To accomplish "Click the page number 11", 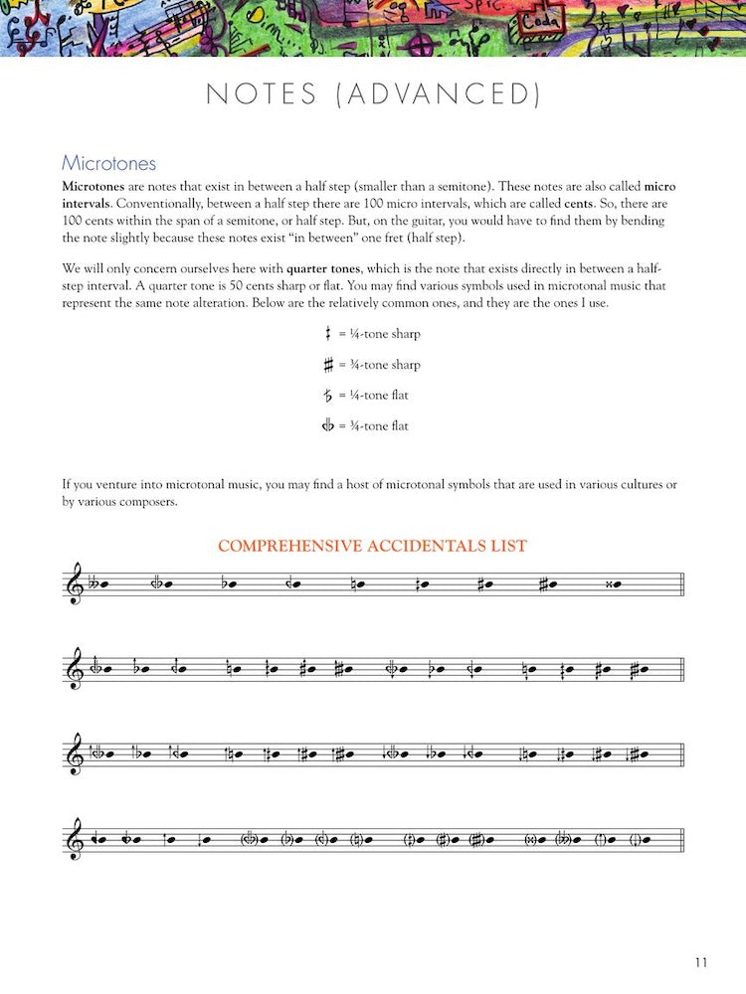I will (x=701, y=962).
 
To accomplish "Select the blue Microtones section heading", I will (x=108, y=163).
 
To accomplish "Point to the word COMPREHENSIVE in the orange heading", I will (x=289, y=546).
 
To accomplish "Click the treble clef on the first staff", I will (x=75, y=583).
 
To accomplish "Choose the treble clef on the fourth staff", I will (x=75, y=840).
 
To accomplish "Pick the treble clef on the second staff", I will (x=75, y=669).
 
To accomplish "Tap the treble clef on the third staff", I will (x=75, y=754).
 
